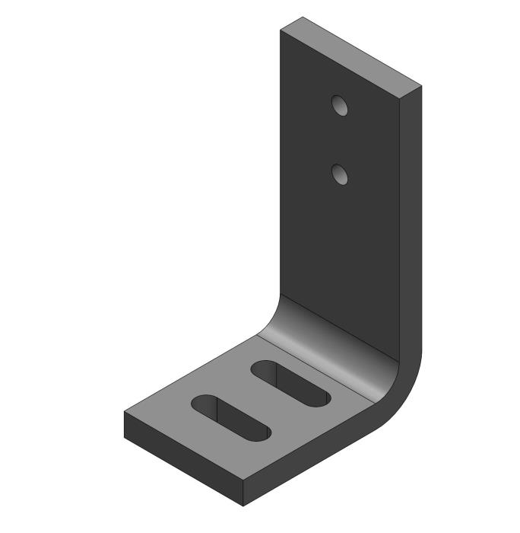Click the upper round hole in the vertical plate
tap(340, 105)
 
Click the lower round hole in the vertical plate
tap(340, 174)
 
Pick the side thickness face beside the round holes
tap(411, 190)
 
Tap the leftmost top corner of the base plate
tap(125, 413)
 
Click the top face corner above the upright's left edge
tap(281, 30)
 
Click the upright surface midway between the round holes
tap(340, 140)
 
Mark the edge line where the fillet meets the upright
tap(338, 324)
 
